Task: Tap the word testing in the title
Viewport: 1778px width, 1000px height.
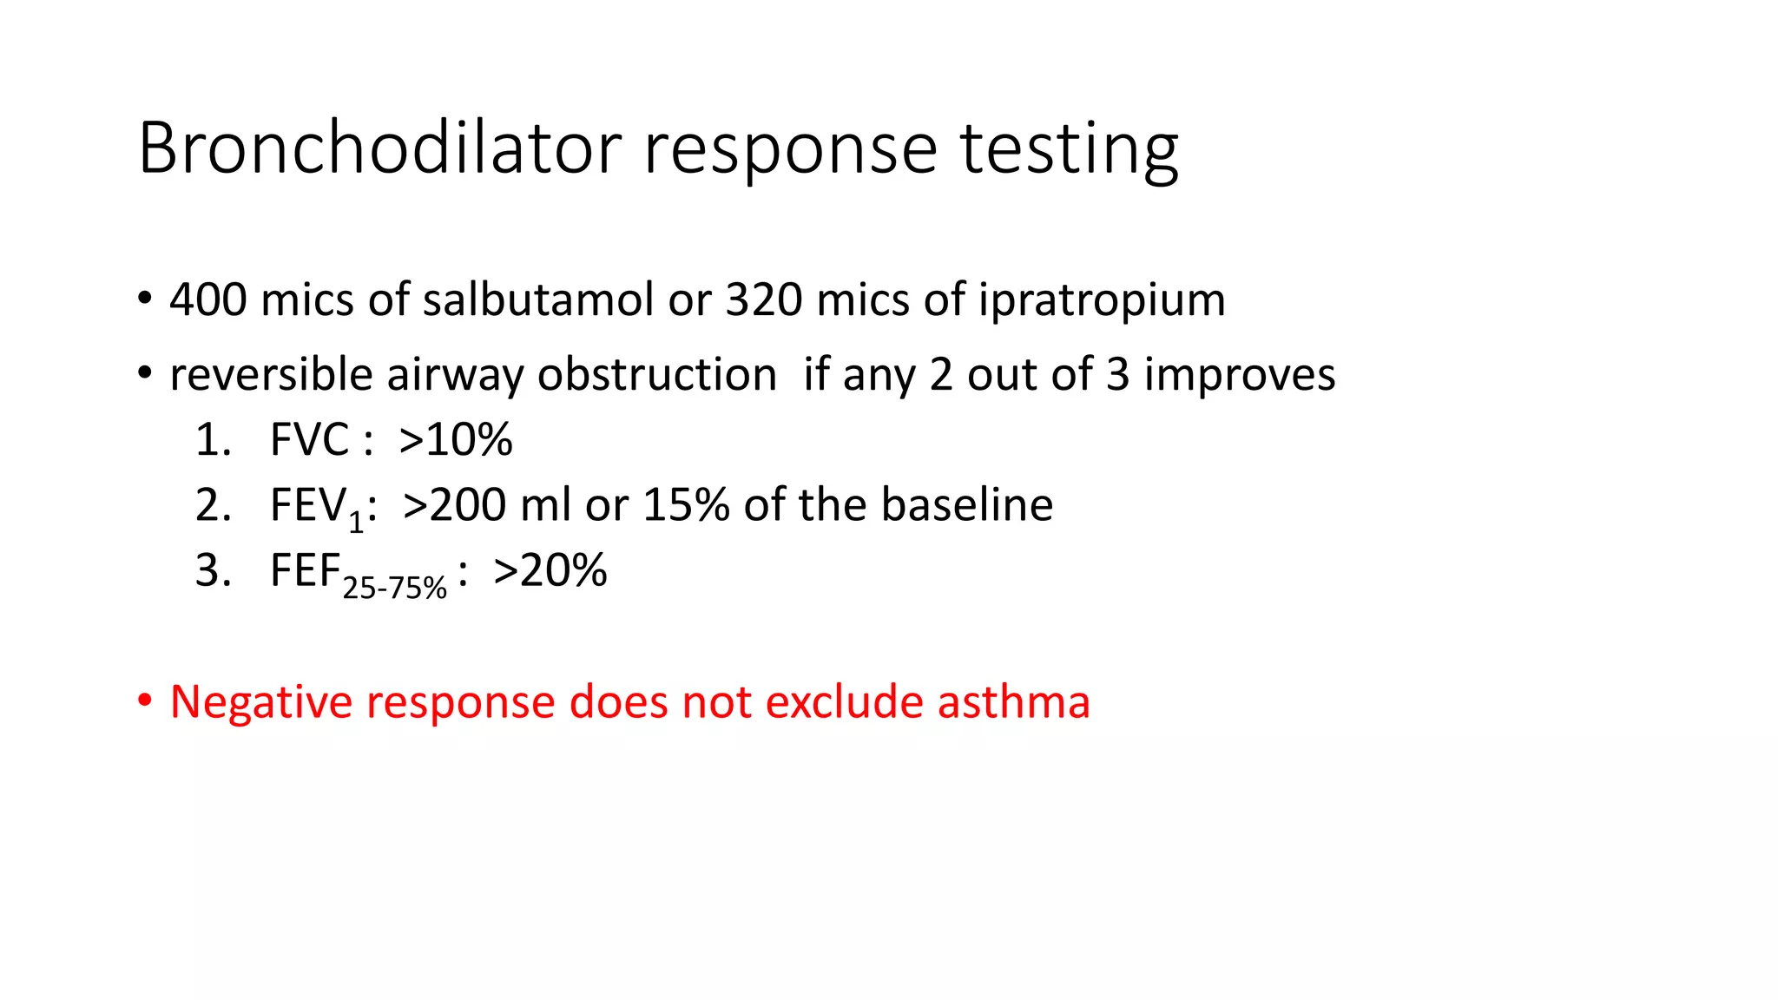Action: tap(1069, 149)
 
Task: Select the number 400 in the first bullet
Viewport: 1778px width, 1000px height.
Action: tap(208, 299)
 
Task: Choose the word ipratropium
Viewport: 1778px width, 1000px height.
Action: tap(1101, 301)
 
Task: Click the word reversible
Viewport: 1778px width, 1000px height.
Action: tap(271, 375)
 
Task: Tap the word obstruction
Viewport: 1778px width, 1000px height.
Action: tap(656, 375)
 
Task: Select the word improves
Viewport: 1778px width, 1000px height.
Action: tap(1239, 375)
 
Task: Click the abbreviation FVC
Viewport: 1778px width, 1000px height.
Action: tap(309, 439)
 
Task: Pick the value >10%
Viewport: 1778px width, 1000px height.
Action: tap(456, 439)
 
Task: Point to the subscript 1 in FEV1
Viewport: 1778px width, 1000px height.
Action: tap(356, 522)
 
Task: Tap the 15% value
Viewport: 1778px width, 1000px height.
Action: tap(686, 505)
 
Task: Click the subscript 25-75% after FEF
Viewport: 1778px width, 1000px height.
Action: tap(394, 589)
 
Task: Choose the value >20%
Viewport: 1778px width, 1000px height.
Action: tap(550, 571)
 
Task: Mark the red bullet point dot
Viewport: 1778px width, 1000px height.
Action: tap(145, 700)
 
